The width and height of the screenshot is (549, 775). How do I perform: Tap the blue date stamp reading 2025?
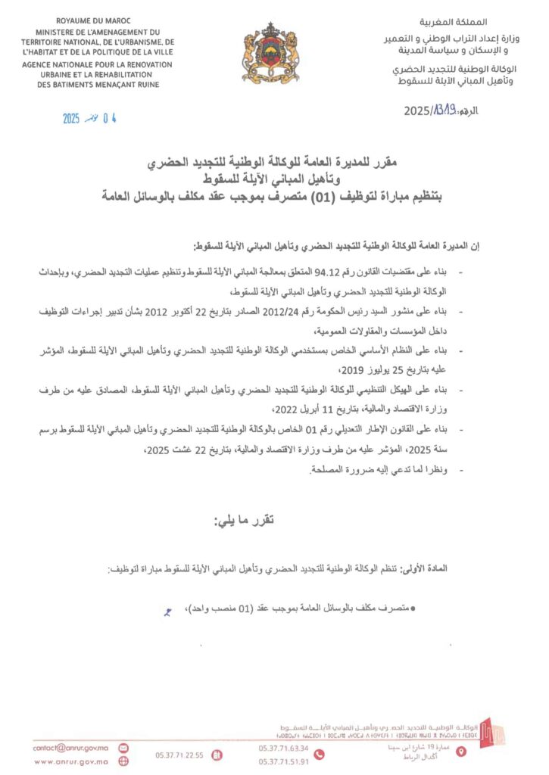point(71,118)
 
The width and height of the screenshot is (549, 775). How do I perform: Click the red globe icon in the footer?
point(123,761)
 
